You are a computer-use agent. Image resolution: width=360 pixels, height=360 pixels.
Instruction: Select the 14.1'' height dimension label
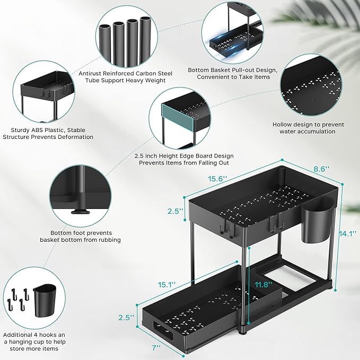[347, 233]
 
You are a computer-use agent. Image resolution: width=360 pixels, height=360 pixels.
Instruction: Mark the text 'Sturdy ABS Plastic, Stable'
[48, 129]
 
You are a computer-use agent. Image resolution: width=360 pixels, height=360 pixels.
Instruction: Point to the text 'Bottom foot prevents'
[80, 232]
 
